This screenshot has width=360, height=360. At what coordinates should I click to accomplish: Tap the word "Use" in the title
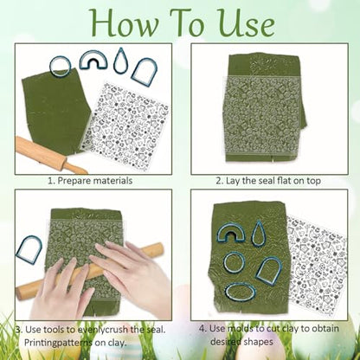point(245,23)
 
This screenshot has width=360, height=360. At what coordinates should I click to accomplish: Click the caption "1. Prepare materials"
point(90,181)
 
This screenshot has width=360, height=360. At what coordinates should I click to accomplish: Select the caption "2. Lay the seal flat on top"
point(268,181)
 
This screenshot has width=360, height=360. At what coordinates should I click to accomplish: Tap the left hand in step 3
point(62,288)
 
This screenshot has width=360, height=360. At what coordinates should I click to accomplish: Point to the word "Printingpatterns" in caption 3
point(57,343)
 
